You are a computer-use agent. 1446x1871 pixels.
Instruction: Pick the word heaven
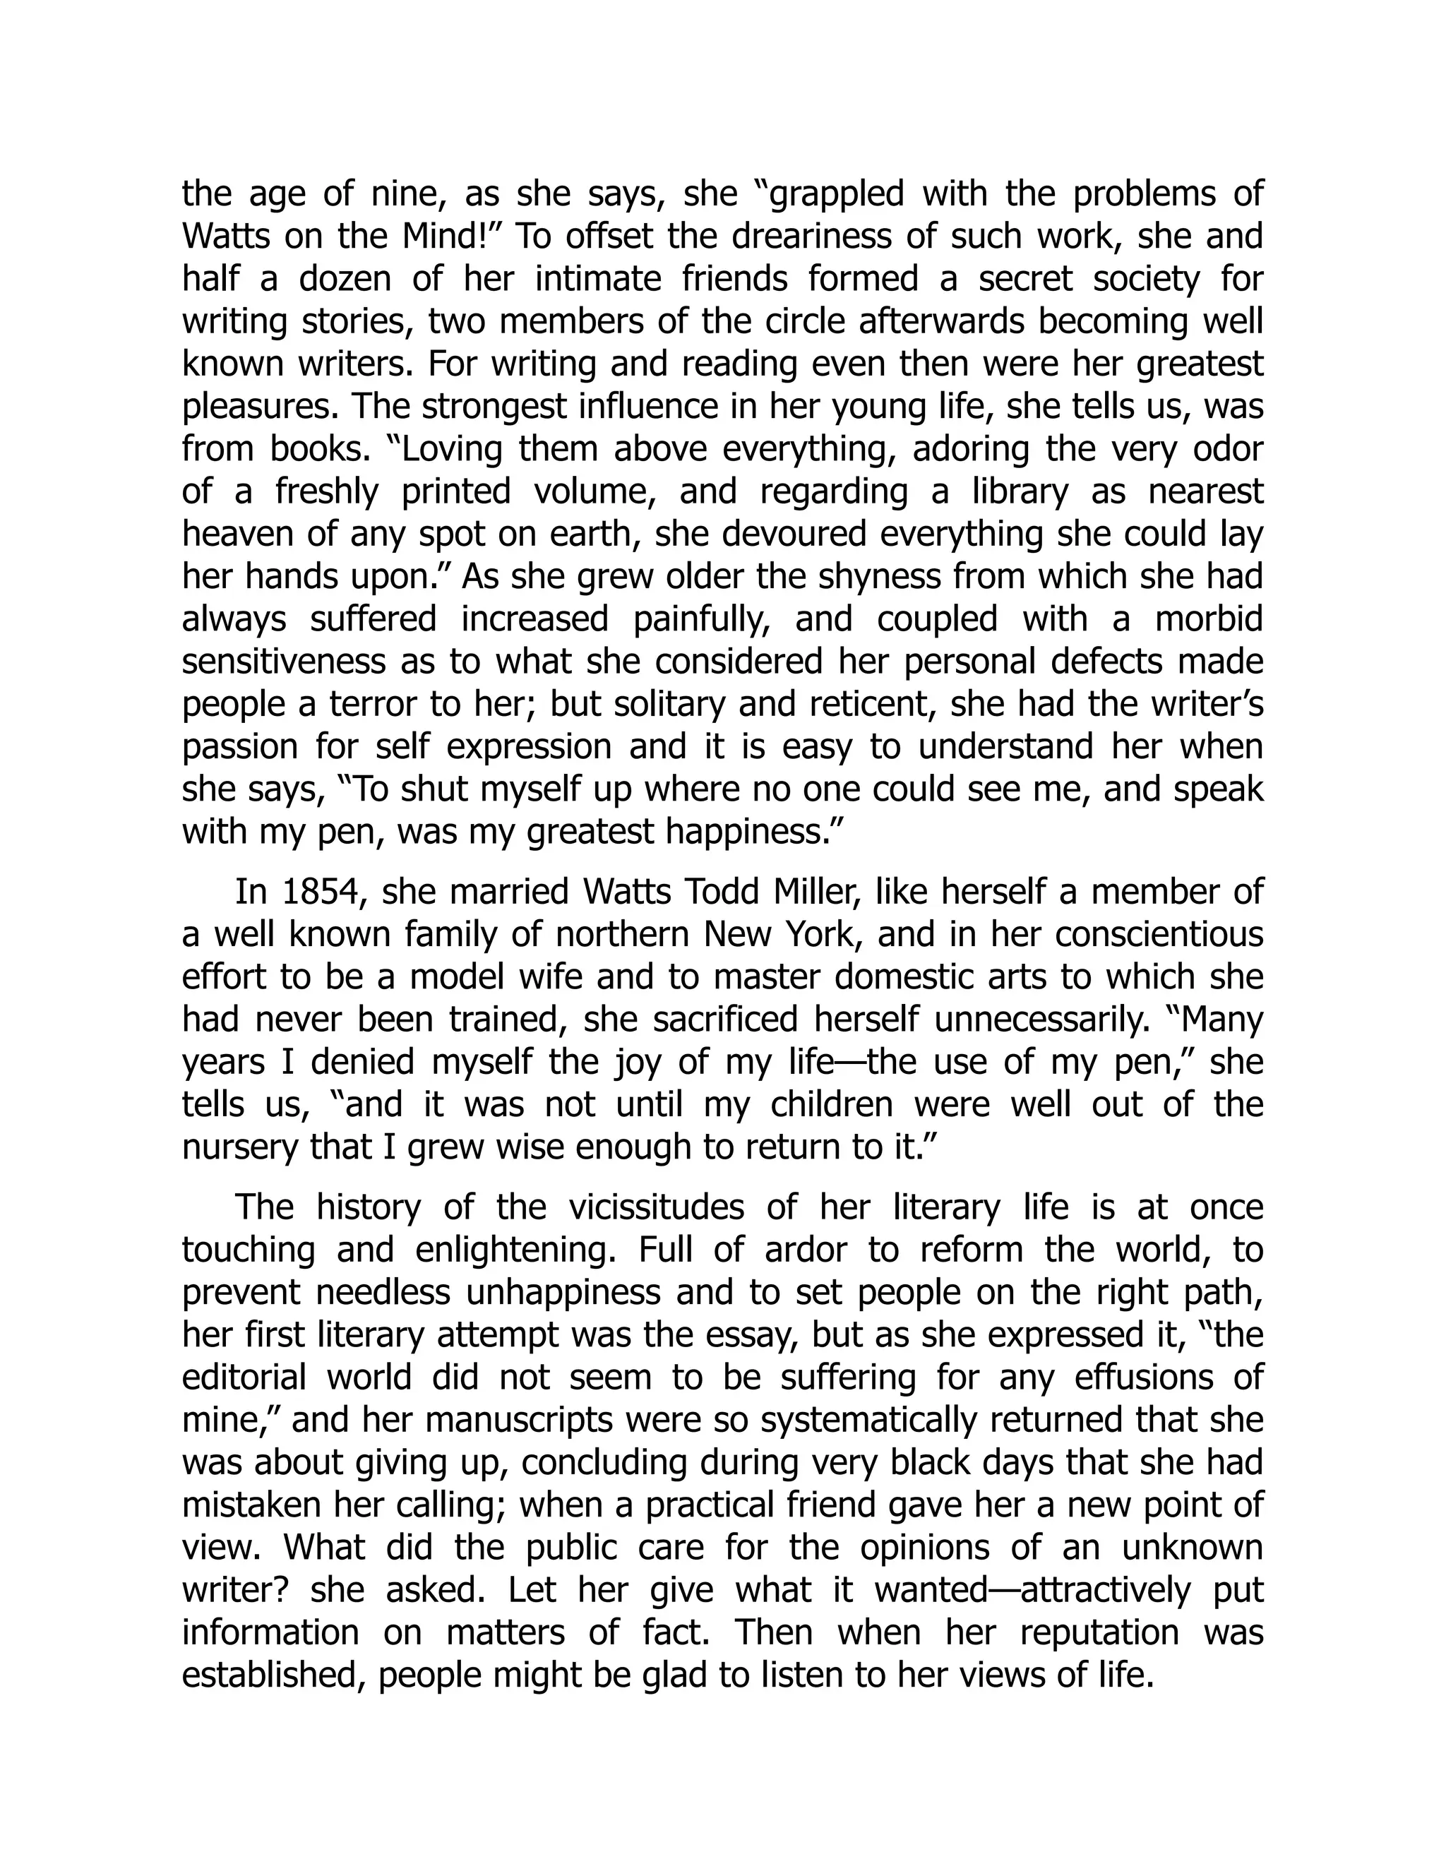pyautogui.click(x=237, y=534)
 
